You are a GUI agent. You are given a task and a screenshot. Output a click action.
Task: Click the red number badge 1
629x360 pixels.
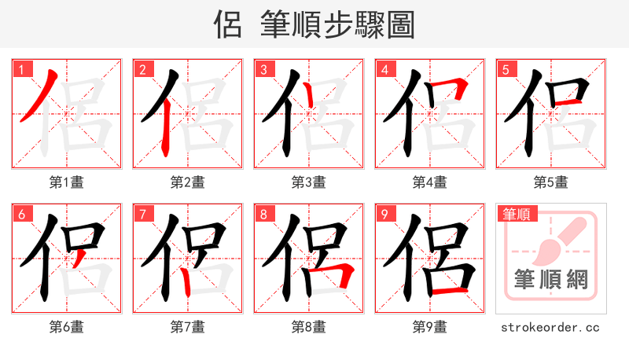[21, 69]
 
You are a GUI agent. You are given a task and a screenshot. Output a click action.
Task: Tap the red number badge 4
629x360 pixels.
[384, 69]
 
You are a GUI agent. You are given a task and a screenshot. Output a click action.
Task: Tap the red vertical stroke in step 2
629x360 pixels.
[166, 134]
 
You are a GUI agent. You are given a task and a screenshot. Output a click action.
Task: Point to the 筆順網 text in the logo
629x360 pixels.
[550, 279]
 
